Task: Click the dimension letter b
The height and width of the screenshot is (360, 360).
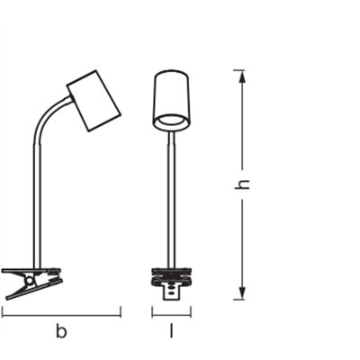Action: click(61, 332)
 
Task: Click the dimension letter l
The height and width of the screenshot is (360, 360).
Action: click(172, 331)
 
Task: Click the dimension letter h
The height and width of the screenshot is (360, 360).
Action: click(242, 184)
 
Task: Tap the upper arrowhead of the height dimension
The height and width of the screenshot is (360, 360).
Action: click(243, 77)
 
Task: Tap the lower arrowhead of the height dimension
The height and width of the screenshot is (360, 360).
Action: click(243, 292)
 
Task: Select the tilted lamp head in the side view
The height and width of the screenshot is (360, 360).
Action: click(94, 101)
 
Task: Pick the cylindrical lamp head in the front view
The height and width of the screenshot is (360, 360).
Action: click(172, 101)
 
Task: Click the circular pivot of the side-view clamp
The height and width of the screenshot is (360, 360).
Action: click(30, 281)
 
